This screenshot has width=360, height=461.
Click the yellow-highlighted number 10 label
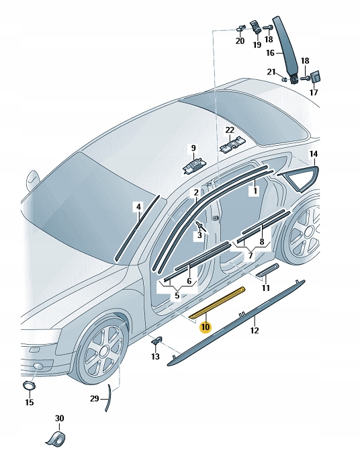click(206, 327)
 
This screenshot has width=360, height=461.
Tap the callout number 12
click(254, 330)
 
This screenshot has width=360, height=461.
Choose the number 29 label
click(95, 399)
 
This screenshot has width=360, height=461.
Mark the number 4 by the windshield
click(138, 206)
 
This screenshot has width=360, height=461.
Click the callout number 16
click(270, 52)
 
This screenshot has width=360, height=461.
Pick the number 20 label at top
click(240, 41)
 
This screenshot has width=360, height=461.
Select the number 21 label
click(271, 72)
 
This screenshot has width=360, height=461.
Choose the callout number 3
click(199, 235)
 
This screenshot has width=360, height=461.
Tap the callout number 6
click(189, 280)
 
